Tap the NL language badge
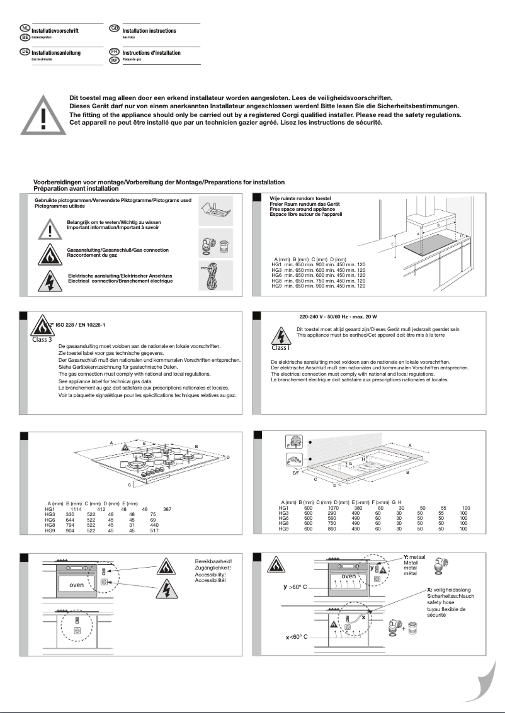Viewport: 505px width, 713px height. pos(25,28)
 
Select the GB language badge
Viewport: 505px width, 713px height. pos(114,28)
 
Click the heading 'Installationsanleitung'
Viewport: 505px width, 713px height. pos(55,53)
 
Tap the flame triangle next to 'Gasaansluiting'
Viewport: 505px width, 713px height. pos(48,253)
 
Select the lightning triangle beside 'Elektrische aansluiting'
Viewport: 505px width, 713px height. pos(48,279)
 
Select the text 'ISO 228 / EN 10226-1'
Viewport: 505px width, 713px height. pos(79,324)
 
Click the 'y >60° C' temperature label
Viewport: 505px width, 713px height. pos(295,587)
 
